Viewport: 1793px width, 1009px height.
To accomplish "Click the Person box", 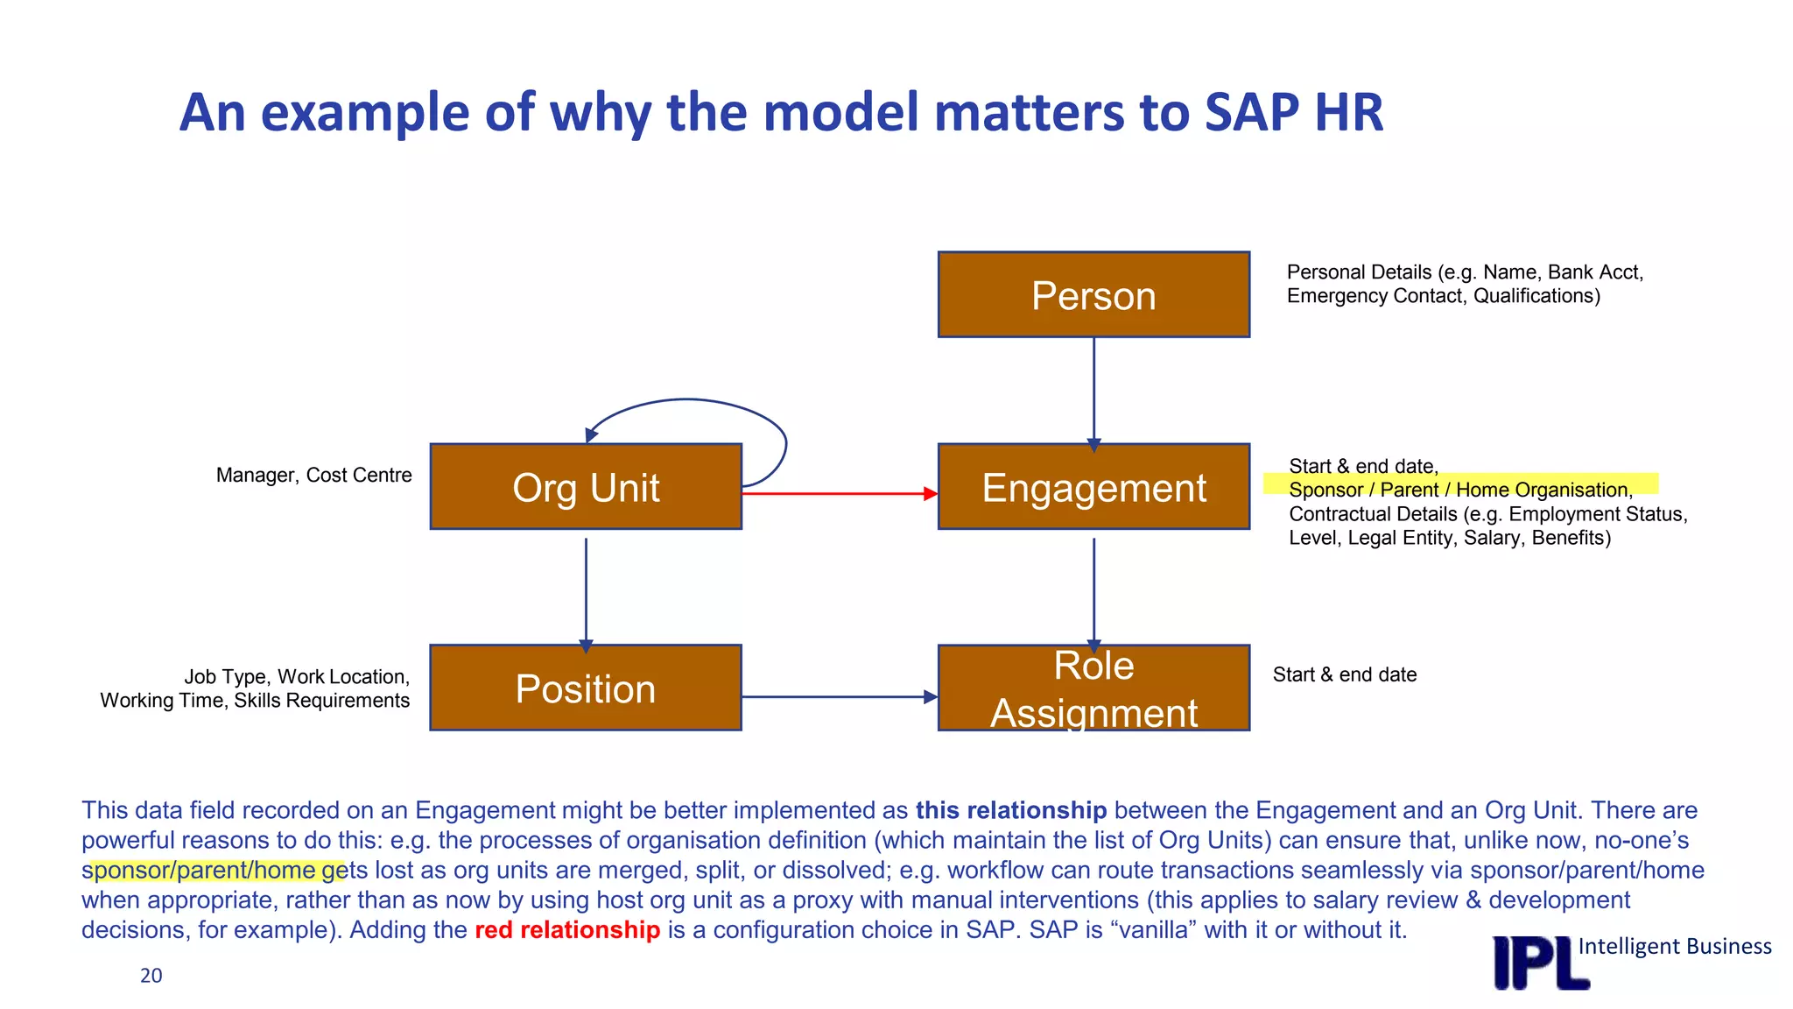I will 1093,294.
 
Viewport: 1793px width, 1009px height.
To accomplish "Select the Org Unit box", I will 586,487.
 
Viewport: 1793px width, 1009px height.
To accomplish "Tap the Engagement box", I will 1093,487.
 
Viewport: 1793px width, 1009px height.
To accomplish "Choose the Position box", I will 586,688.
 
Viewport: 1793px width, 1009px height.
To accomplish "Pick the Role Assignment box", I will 1093,688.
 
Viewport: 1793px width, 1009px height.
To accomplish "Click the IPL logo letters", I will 1540,963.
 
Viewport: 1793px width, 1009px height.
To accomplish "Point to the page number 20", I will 151,976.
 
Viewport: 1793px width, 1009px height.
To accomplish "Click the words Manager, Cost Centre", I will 313,476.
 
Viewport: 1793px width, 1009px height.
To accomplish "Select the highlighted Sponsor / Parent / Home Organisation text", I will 1460,490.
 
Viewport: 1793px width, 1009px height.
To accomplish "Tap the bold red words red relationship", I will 567,930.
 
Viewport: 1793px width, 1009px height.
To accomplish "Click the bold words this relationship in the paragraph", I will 1011,811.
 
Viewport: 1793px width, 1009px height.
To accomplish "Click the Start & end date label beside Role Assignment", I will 1345,674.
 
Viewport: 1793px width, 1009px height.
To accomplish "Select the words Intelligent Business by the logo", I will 1674,947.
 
